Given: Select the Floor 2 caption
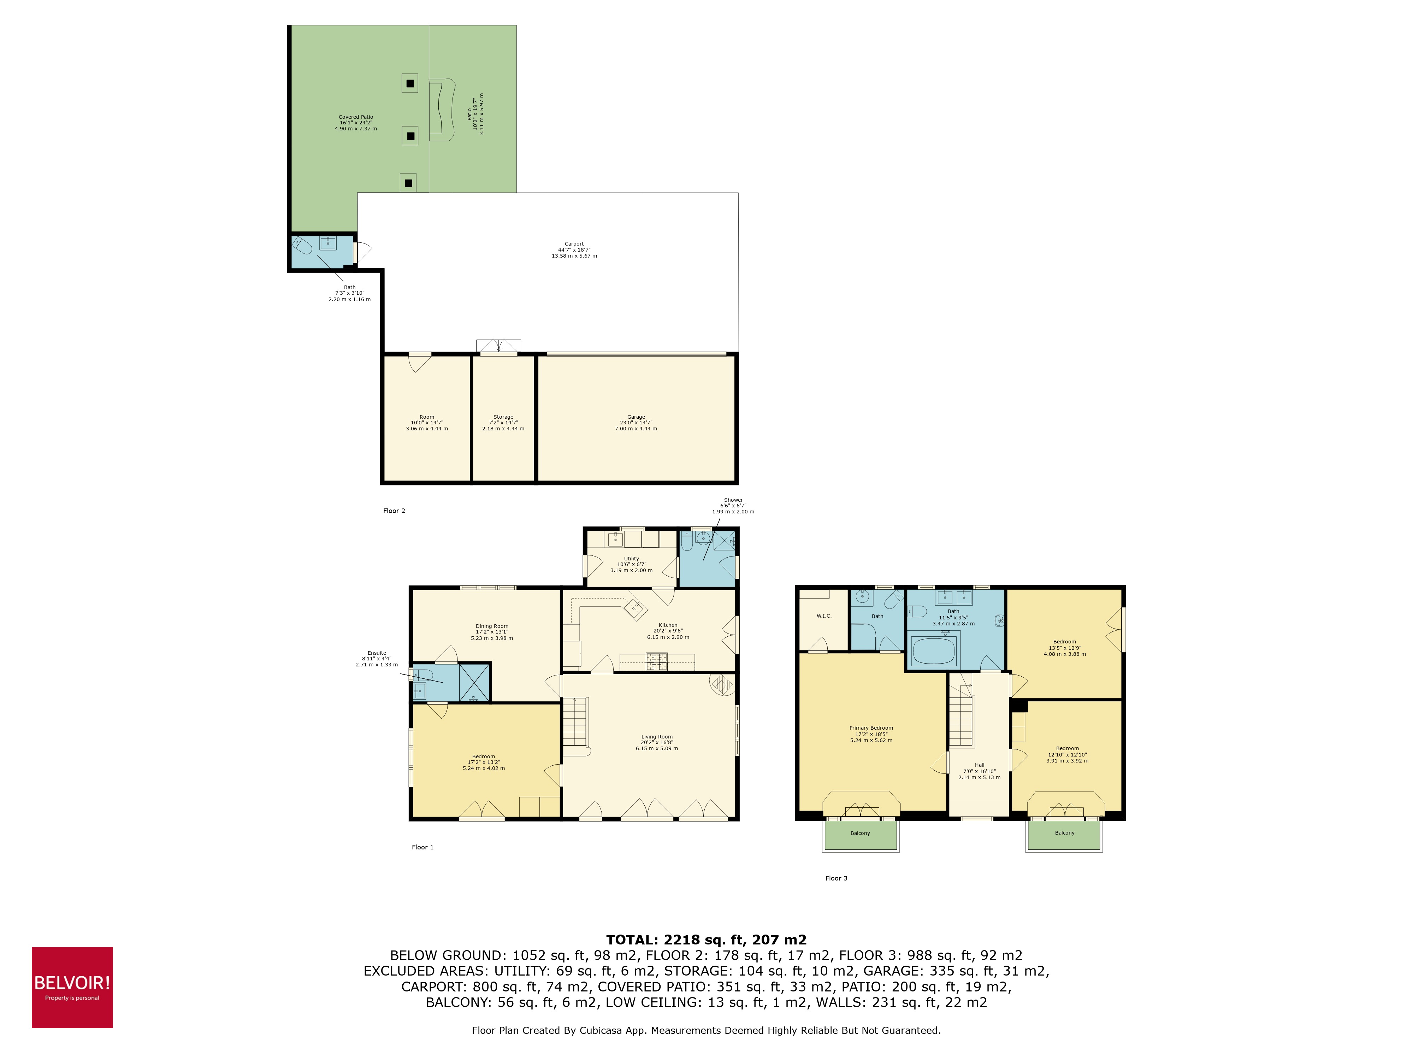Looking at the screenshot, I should click(x=394, y=511).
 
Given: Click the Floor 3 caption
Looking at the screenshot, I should click(x=836, y=878).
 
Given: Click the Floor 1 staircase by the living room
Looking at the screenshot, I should click(x=575, y=722).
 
